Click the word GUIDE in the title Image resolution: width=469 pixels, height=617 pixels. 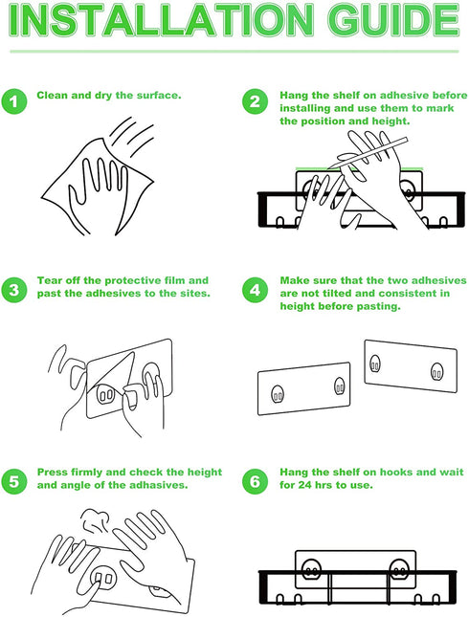(393, 20)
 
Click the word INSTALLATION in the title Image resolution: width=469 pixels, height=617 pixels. (161, 20)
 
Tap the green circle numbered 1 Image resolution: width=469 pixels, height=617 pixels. (14, 101)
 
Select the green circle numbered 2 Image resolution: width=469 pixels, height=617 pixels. (256, 101)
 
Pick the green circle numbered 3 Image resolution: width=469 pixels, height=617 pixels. (14, 290)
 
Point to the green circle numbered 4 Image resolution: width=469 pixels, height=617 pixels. (256, 290)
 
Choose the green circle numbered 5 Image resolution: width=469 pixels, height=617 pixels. (14, 481)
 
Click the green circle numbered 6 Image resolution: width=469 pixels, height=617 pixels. (256, 481)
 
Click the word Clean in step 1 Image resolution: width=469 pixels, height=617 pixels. (52, 96)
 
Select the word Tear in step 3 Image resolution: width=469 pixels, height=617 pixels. (48, 280)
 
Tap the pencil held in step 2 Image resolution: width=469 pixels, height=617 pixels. (368, 153)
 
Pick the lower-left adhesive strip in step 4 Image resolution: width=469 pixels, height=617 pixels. (304, 388)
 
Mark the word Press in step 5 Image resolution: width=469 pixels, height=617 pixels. (51, 472)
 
